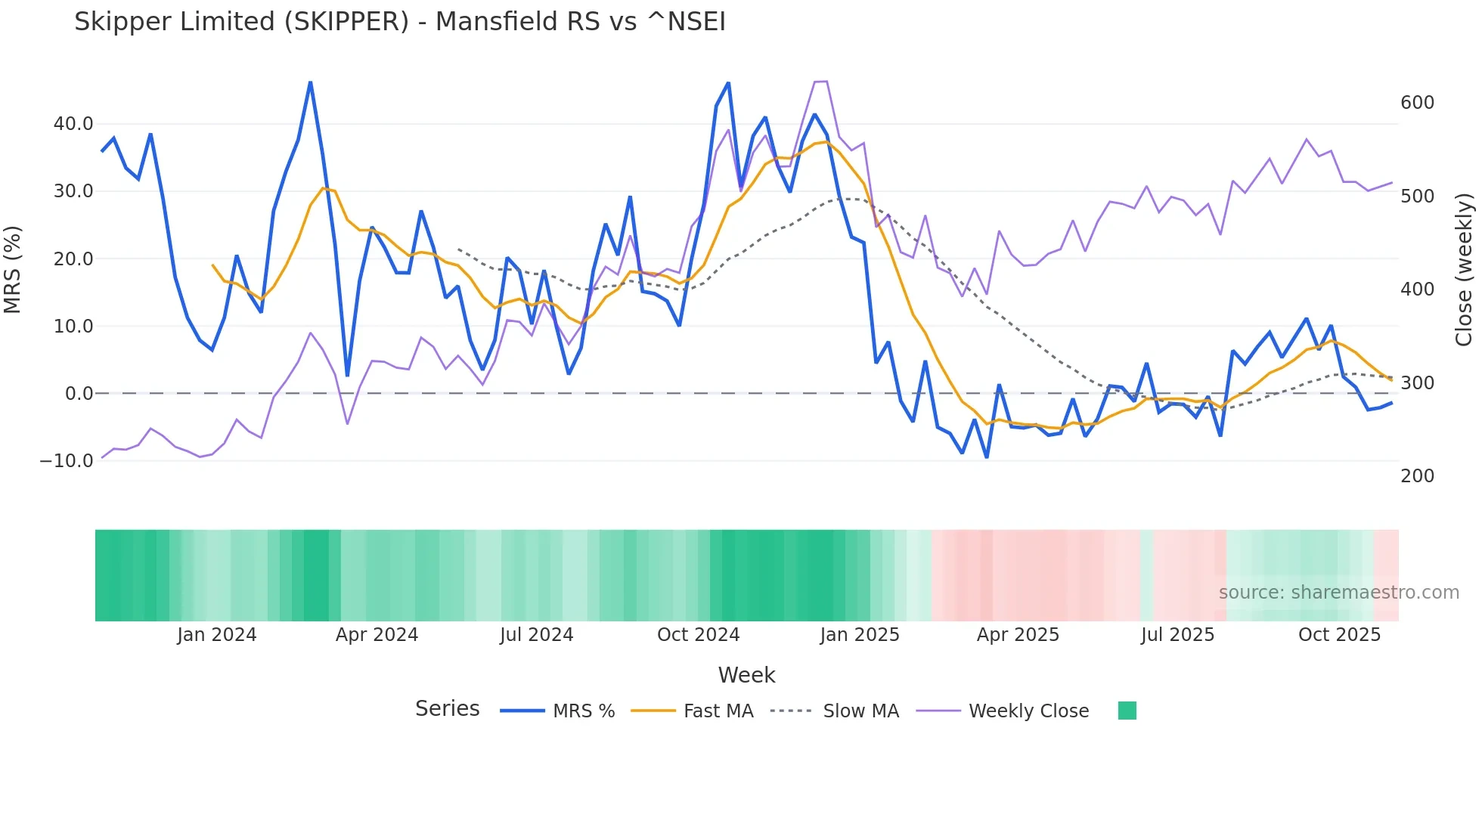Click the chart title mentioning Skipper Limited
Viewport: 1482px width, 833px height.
(x=399, y=22)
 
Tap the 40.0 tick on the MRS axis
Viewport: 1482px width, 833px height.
(x=73, y=124)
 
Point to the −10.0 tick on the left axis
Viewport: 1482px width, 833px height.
(x=67, y=461)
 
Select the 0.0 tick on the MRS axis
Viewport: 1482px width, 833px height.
(x=79, y=394)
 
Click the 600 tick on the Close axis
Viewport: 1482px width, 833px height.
(x=1417, y=103)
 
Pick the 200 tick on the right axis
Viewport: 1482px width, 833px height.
(x=1417, y=476)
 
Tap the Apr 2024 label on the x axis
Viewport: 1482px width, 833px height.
(x=377, y=635)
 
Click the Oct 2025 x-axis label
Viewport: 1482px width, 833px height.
(x=1339, y=635)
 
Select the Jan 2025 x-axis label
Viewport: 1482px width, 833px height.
(x=860, y=635)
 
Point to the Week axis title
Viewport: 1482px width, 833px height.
(x=746, y=675)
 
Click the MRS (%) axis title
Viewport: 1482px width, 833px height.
(x=13, y=269)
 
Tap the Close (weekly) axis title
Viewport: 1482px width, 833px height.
(x=1464, y=269)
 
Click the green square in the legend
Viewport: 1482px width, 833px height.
(x=1127, y=711)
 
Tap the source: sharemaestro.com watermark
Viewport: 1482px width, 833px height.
(x=1338, y=593)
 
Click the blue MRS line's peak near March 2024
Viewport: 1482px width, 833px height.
(x=310, y=82)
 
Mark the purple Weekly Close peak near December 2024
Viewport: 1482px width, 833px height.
(x=821, y=82)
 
